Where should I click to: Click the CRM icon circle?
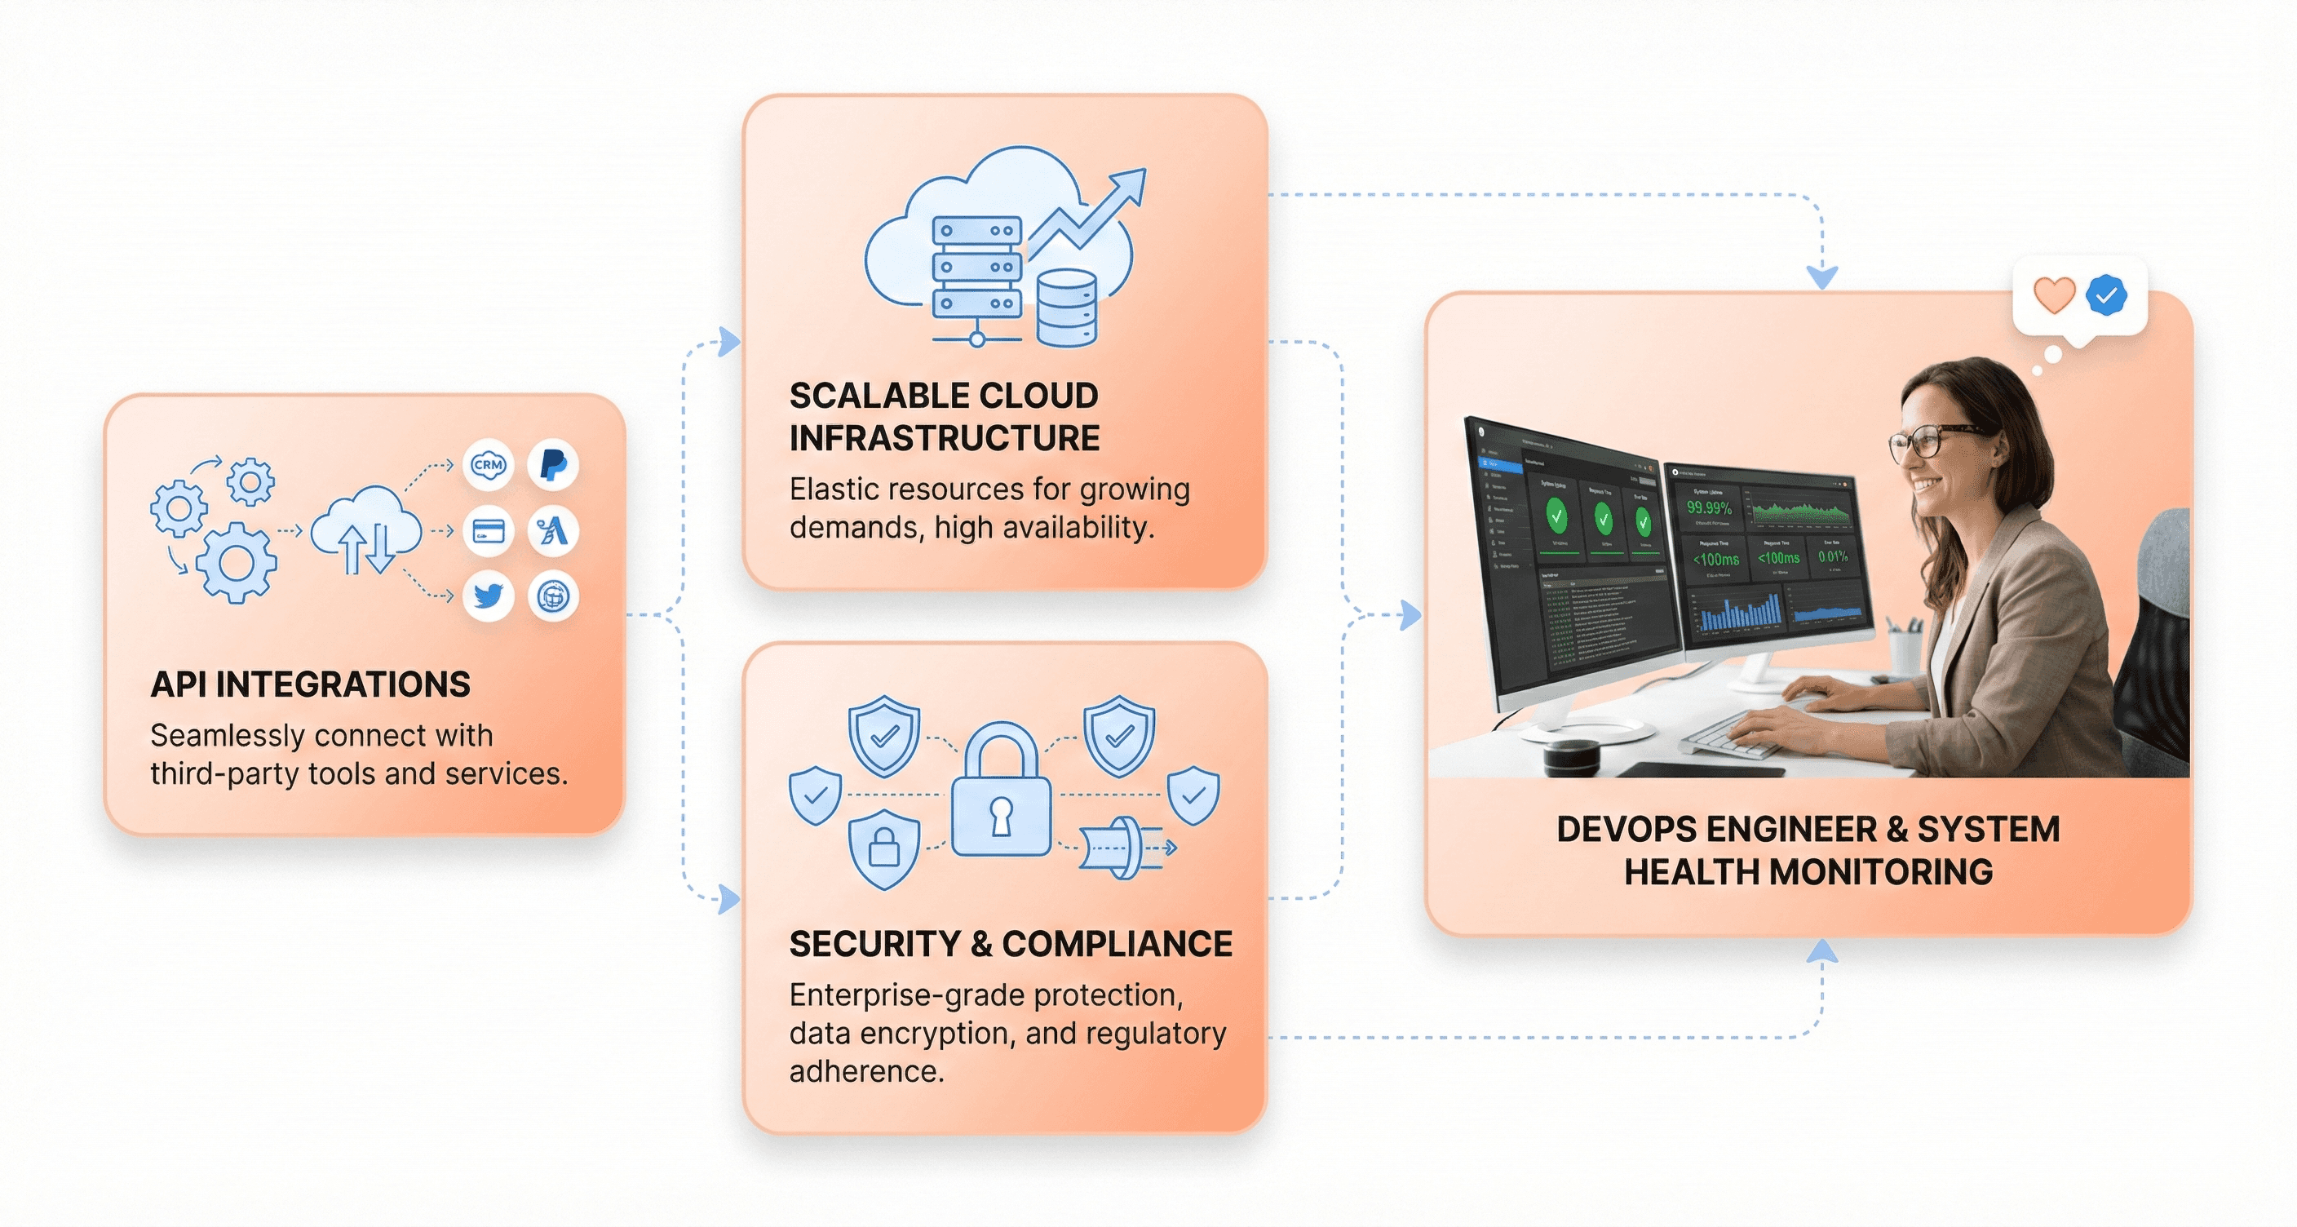point(488,464)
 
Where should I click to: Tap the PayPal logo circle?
point(553,464)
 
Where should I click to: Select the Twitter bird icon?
point(488,596)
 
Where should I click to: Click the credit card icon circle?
point(488,531)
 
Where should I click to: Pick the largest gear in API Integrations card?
point(236,563)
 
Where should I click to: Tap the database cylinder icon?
point(1066,308)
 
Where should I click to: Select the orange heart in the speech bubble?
point(2054,295)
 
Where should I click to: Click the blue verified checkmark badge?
point(2106,295)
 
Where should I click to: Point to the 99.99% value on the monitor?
point(1709,508)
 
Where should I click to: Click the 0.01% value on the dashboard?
point(1832,556)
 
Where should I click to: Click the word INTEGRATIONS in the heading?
point(343,684)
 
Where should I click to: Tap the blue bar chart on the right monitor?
point(1740,613)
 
